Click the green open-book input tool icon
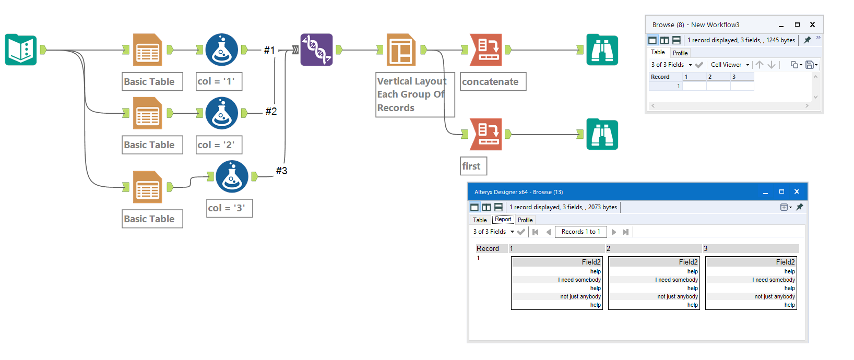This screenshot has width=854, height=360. point(21,50)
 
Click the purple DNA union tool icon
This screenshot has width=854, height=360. point(316,50)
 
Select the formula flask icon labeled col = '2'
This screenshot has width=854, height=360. point(222,113)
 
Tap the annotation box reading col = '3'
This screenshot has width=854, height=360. point(229,208)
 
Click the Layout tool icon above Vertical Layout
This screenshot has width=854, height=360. point(401,50)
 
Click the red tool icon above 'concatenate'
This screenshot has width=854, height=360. point(486,50)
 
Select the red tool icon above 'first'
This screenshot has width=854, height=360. point(486,134)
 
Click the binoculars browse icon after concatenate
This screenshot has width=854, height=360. point(602,50)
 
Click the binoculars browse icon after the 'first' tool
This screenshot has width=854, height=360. point(602,134)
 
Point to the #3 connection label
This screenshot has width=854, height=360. point(281,171)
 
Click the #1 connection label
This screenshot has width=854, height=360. point(269,50)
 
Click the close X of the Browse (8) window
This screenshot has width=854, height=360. point(812,25)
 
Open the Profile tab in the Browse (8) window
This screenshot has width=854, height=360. point(680,53)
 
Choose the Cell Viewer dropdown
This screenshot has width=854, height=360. point(729,65)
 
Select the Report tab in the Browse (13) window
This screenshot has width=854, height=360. point(503,220)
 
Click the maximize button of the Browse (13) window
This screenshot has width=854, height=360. point(781,192)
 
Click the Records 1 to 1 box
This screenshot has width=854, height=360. point(580,232)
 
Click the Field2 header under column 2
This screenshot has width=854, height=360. point(688,262)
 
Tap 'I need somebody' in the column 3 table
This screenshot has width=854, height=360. point(775,280)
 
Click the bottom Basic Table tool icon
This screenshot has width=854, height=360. point(148,187)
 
